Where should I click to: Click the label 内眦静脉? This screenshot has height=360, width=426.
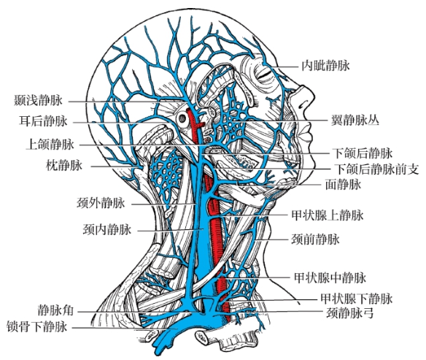[325, 66]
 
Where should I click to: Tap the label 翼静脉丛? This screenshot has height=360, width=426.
[355, 120]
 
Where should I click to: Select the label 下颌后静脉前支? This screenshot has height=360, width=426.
[376, 169]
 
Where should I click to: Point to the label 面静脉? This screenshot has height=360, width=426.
[343, 185]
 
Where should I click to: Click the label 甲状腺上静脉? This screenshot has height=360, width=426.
[327, 215]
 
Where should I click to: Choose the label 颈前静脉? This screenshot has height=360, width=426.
[315, 240]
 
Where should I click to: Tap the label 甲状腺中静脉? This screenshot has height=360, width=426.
[330, 277]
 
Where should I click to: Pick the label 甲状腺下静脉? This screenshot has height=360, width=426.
[357, 299]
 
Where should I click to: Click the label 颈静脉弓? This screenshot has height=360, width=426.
[349, 313]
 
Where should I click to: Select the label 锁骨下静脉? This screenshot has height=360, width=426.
[36, 326]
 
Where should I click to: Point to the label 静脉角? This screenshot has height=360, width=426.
[55, 310]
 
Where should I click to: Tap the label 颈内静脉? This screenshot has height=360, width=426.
[107, 229]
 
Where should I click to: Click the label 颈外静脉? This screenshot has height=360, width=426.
[101, 203]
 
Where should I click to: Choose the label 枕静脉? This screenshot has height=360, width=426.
[64, 165]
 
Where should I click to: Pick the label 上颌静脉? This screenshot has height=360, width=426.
[50, 144]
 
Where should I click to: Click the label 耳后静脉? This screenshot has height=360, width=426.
[43, 120]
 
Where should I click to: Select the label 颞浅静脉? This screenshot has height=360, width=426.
[38, 100]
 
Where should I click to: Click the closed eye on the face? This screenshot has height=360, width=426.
[263, 74]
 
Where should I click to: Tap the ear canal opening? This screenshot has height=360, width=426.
[182, 118]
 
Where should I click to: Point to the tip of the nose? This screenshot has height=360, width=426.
[313, 96]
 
